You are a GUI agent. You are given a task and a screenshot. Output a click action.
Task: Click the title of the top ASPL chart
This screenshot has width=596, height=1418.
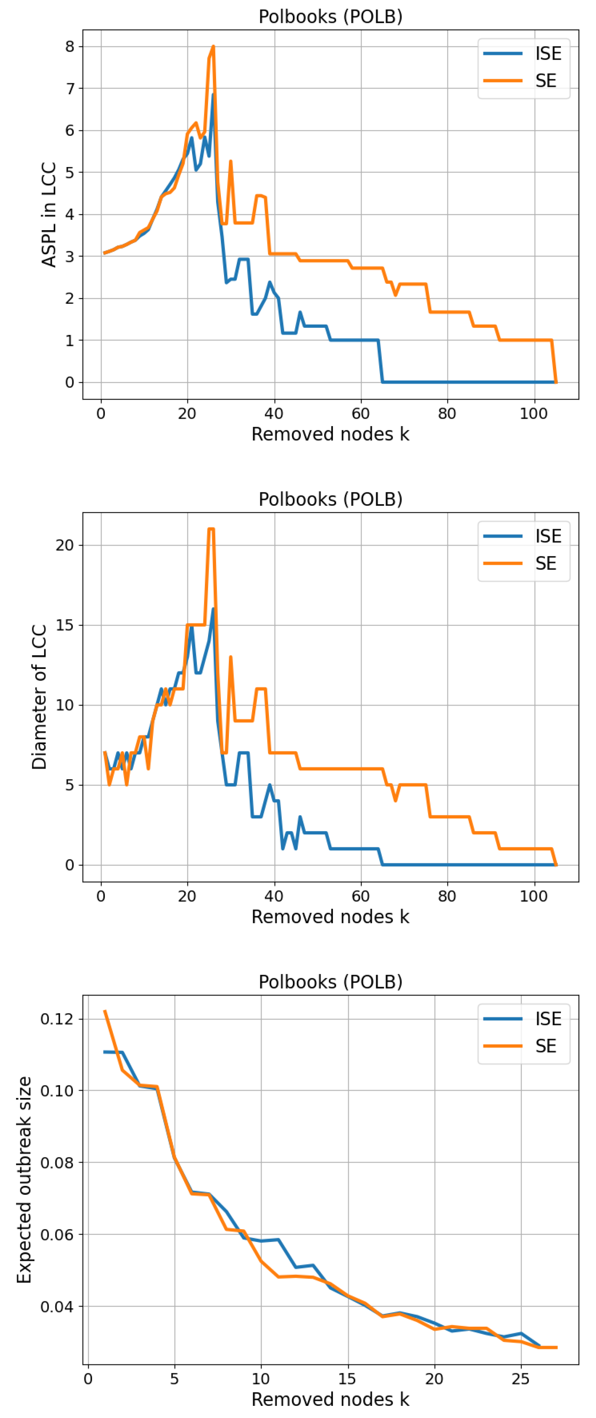point(331,17)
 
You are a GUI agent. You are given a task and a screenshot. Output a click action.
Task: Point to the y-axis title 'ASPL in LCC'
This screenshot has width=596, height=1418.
point(49,214)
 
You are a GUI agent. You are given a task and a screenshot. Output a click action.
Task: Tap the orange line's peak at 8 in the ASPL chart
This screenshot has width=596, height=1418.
point(213,47)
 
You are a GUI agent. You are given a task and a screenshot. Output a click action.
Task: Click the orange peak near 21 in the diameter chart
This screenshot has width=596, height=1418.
point(211,529)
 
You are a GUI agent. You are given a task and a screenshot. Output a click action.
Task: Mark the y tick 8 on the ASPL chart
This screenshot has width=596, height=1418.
point(69,47)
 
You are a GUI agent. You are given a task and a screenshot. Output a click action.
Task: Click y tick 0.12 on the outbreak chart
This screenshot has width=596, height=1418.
point(57,1018)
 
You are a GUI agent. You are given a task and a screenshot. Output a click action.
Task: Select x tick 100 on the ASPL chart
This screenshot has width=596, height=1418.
point(533,414)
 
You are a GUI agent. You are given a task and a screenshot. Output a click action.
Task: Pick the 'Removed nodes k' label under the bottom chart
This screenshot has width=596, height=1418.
point(331,1399)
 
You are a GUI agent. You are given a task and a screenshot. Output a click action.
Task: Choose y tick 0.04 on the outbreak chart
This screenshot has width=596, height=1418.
point(57,1306)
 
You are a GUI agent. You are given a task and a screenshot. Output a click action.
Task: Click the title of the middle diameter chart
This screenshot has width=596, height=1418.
point(331,499)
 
